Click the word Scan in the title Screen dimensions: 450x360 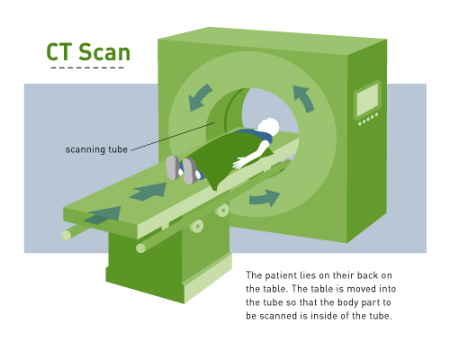pyautogui.click(x=104, y=52)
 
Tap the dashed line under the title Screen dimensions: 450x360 pyautogui.click(x=87, y=67)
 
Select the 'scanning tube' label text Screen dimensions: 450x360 pyautogui.click(x=96, y=149)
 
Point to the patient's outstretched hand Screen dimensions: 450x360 pyautogui.click(x=239, y=164)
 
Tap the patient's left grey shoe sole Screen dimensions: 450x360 pyautogui.click(x=173, y=167)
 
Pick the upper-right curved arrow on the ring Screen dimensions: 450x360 pyautogui.click(x=303, y=98)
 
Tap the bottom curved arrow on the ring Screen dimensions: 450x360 pyautogui.click(x=265, y=198)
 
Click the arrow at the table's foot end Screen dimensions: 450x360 pyautogui.click(x=103, y=215)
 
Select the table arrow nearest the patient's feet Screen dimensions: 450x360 pyautogui.click(x=149, y=192)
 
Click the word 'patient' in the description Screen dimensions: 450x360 pyautogui.click(x=281, y=275)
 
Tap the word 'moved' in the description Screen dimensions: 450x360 pyautogui.click(x=361, y=289)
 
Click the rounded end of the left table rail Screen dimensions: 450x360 pyautogui.click(x=67, y=235)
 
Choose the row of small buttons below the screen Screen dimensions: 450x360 pyautogui.click(x=368, y=119)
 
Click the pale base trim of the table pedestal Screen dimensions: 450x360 pyautogui.click(x=208, y=278)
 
